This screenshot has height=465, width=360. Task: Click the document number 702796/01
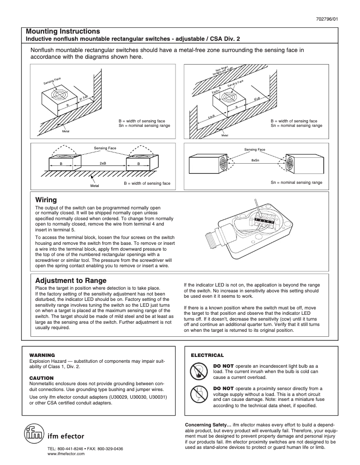click(333, 19)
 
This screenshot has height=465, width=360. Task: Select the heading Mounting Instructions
click(63, 31)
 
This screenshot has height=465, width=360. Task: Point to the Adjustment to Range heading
click(70, 280)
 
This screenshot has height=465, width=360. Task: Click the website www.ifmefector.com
click(66, 454)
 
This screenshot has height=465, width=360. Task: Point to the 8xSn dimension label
click(255, 160)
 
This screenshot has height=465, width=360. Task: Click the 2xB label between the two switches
click(102, 163)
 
